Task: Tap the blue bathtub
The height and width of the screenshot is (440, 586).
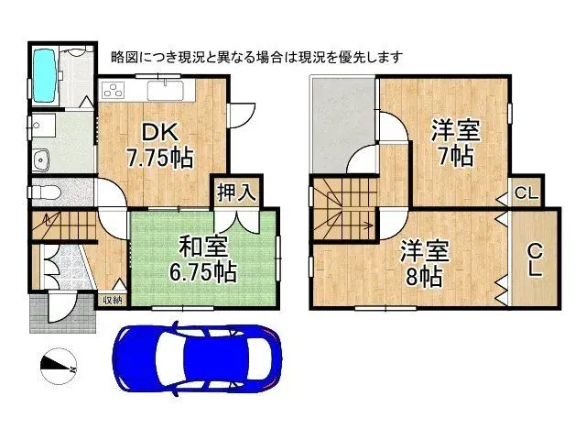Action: tap(44, 70)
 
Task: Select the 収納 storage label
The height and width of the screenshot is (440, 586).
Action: tap(112, 299)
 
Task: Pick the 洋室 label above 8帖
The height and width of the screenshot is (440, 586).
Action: tap(423, 249)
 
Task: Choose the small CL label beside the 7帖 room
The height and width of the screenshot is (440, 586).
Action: tap(525, 193)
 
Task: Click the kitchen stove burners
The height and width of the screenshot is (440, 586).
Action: tap(114, 90)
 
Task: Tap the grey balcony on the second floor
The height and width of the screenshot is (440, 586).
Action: tap(342, 124)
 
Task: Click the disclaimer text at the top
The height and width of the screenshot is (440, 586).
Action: tap(255, 57)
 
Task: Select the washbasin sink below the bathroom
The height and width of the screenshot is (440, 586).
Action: tap(40, 162)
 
